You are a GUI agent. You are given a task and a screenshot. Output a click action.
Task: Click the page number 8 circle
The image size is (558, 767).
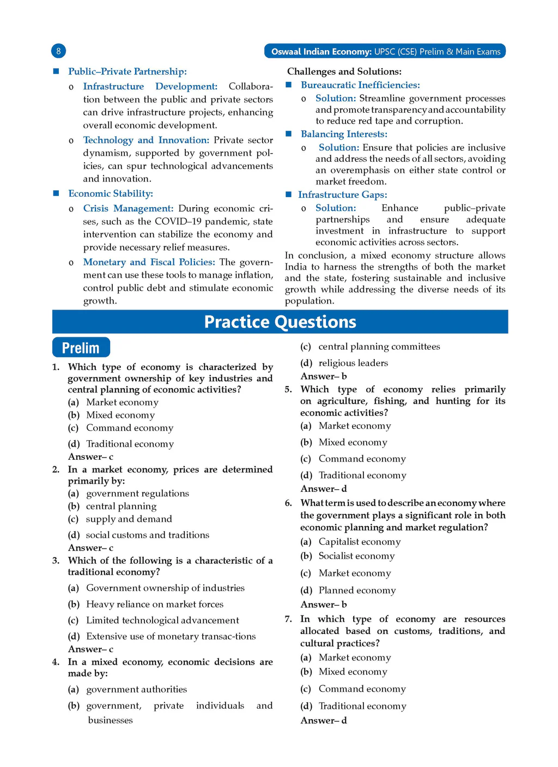58,51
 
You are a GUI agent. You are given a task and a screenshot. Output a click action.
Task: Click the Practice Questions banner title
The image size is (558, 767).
280,322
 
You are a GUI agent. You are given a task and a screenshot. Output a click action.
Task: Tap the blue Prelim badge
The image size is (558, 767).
81,348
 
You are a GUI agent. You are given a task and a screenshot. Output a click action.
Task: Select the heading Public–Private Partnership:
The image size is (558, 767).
127,71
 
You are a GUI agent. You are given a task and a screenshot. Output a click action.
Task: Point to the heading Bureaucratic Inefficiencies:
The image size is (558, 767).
360,85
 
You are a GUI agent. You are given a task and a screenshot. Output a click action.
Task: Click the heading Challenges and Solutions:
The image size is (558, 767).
344,71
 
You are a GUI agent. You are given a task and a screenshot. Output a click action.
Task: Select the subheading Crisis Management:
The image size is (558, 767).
128,208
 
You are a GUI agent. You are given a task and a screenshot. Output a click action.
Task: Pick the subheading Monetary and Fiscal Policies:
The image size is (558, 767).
149,262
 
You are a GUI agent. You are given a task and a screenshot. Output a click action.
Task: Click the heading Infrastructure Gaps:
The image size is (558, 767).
342,194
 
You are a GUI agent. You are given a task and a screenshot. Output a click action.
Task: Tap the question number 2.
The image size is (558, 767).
56,470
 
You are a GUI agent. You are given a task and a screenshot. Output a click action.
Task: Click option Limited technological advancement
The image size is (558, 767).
162,620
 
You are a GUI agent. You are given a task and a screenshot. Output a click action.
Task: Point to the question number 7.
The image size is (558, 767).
288,619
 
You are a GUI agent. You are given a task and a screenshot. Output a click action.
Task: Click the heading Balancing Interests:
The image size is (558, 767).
344,134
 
